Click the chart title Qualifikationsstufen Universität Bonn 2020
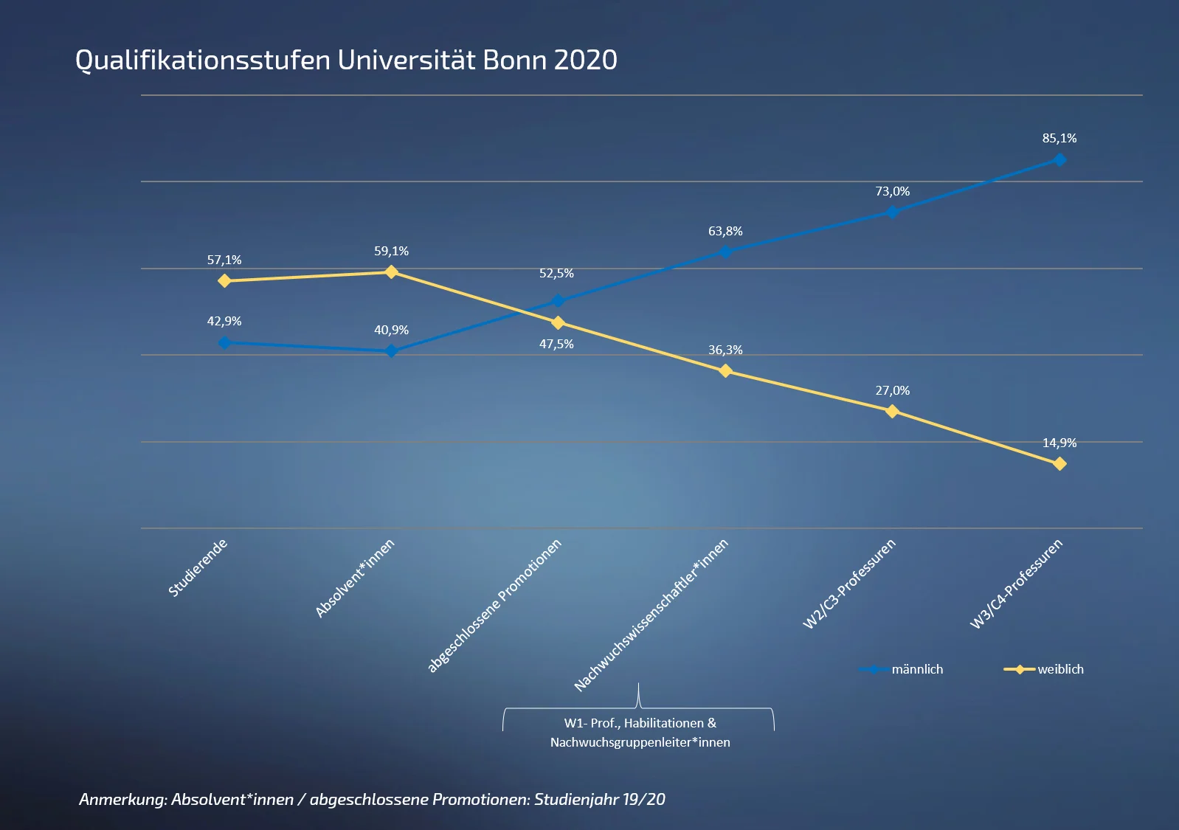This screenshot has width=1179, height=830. pos(346,60)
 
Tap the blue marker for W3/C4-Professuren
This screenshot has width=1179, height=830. pos(1059,159)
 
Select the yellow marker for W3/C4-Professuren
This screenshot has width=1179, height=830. pos(1059,464)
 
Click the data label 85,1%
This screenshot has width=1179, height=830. pos(1059,138)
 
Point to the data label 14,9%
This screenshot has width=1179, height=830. pos(1059,443)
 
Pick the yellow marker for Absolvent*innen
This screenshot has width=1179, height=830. pos(392,272)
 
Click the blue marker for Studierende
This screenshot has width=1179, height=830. pos(225,342)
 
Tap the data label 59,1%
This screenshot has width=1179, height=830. pos(391,251)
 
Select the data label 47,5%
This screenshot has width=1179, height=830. pos(556,344)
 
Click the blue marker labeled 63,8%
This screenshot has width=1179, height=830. pos(725,252)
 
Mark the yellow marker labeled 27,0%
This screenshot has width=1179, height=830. pos(892,411)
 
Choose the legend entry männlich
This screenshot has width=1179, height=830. pos(917,669)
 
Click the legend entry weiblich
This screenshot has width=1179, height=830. pos(1060,669)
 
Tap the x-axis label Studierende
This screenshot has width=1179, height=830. pos(198,568)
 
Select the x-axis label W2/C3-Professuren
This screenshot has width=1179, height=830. pos(849,584)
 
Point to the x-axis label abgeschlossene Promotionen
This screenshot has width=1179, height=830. pos(495,606)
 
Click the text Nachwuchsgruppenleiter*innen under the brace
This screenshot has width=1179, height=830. pos(640,742)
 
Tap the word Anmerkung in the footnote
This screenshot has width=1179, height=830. pos(122,799)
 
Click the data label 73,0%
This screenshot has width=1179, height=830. pos(892,191)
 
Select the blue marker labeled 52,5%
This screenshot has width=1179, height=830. pos(558,301)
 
